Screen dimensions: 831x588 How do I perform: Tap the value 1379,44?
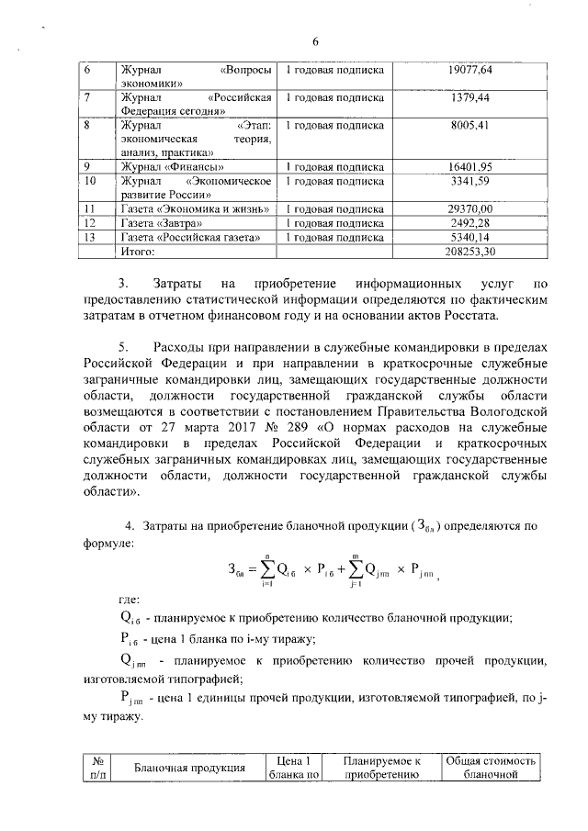(x=471, y=96)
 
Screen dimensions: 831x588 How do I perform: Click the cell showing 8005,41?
(x=471, y=123)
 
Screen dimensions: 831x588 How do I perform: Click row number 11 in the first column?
(x=90, y=208)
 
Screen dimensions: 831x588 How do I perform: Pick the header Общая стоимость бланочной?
(x=491, y=768)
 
